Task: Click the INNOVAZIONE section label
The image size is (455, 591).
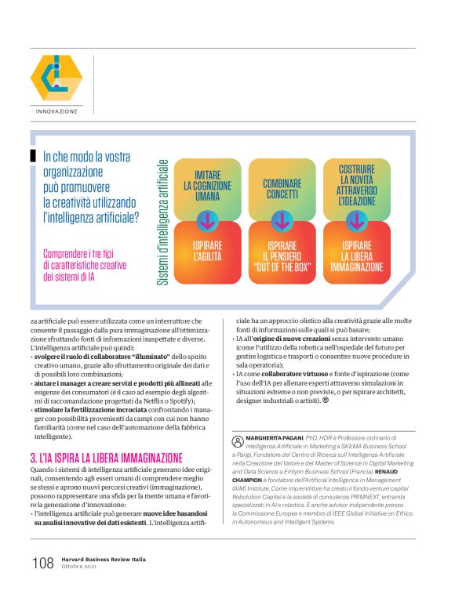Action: [x=56, y=111]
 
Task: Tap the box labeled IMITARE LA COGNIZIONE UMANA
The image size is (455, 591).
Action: [x=207, y=187]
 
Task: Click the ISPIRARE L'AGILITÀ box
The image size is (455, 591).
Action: [x=207, y=253]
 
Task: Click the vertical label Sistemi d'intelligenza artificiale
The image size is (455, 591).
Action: [x=163, y=223]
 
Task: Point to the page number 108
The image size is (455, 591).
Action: [x=42, y=564]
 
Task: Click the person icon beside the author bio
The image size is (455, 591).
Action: [x=238, y=440]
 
